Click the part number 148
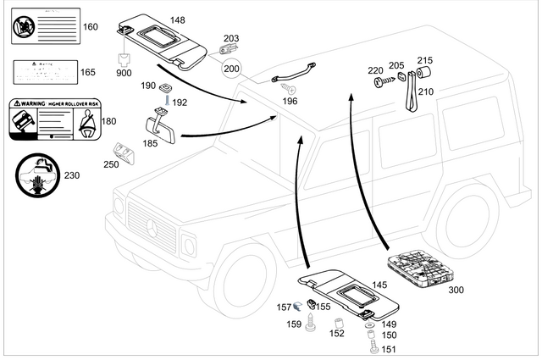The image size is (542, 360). tap(177, 20)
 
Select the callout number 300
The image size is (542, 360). tap(456, 290)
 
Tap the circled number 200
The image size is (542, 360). tap(230, 67)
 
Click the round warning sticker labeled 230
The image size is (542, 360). tap(36, 176)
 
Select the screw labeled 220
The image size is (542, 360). tap(381, 83)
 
